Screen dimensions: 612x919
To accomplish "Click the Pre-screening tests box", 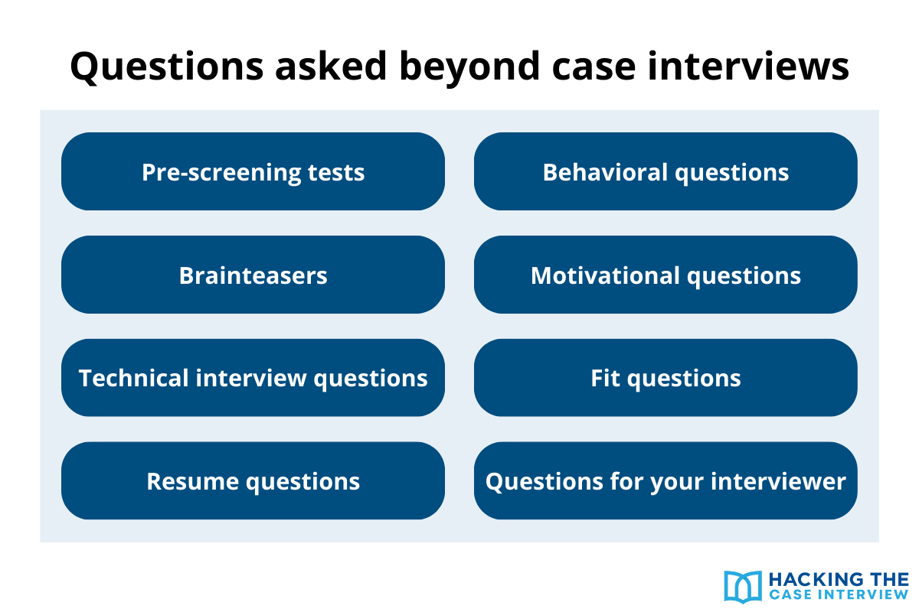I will [x=253, y=172].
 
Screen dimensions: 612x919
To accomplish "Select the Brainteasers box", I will [x=253, y=275].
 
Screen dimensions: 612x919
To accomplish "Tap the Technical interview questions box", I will [x=253, y=378].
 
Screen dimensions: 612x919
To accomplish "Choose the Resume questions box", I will [x=253, y=481].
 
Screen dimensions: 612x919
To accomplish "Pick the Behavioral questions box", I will [x=666, y=172].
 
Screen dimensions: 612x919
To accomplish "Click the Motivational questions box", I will [x=666, y=275].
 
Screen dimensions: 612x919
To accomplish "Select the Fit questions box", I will [x=666, y=378].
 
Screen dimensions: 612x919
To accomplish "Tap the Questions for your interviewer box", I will [x=666, y=481].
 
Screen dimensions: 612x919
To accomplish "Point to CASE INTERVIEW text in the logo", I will [x=838, y=595].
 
